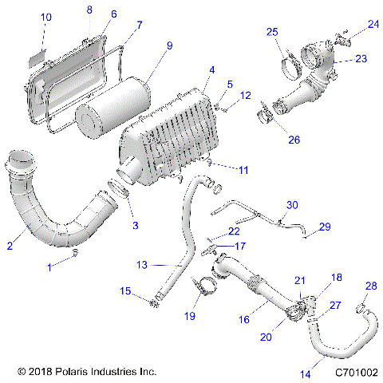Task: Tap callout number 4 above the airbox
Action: [211, 70]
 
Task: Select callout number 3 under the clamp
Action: [135, 226]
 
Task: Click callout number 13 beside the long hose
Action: [143, 264]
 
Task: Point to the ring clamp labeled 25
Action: [290, 57]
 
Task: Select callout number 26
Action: [294, 140]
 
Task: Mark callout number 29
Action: [324, 227]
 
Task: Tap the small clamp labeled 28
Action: [361, 306]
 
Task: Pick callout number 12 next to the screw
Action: [246, 96]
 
